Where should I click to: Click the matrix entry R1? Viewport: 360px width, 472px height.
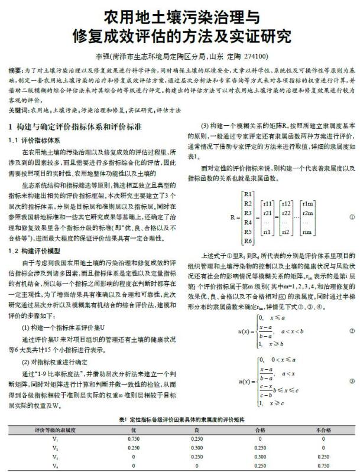[x=248, y=194]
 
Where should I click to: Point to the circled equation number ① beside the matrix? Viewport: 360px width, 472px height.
[x=351, y=217]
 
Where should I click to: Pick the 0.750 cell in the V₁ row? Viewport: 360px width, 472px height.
[x=134, y=438]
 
